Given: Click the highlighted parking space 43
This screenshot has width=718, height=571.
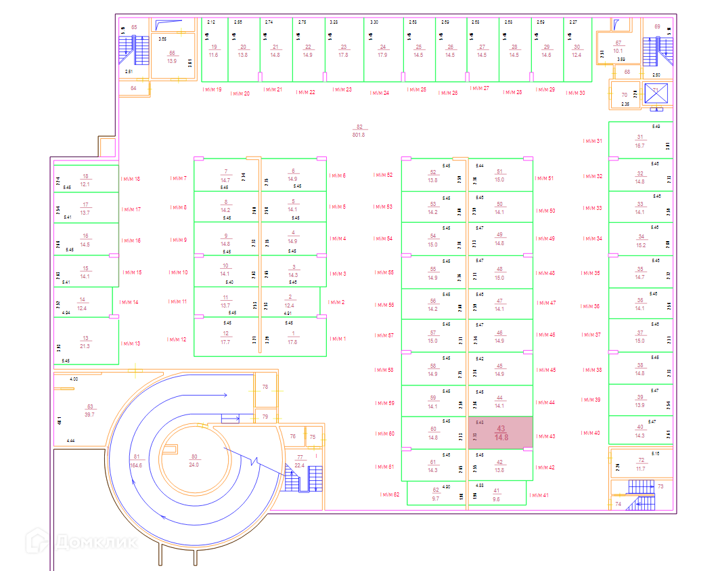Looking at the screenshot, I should [x=501, y=433].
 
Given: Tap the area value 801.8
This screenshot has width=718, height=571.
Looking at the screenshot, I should [x=359, y=135].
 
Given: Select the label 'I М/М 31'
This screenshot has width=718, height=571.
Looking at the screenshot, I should [x=592, y=141].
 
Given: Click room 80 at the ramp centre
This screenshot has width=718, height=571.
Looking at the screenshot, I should [x=194, y=461].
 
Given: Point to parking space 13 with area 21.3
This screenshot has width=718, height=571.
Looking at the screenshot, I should [x=85, y=342].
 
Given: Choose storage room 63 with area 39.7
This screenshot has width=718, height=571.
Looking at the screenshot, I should [x=89, y=410].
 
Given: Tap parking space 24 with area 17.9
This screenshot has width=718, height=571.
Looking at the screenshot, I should [x=383, y=51].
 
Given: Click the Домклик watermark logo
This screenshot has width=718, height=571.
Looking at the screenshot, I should [x=81, y=541].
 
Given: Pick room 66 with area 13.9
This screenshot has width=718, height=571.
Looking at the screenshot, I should [x=172, y=57].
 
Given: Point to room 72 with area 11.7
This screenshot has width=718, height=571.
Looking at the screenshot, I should [x=641, y=465].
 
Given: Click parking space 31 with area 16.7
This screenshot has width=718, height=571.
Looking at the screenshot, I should [x=640, y=141].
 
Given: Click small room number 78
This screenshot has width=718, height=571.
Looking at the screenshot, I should [x=265, y=387].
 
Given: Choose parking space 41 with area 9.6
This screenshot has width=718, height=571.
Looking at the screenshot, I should [x=497, y=494].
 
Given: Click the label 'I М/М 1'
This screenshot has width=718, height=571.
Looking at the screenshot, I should [x=337, y=339].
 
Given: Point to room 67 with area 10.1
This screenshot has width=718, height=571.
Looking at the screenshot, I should [x=618, y=47].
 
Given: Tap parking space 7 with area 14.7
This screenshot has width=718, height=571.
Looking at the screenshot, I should [x=226, y=175].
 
